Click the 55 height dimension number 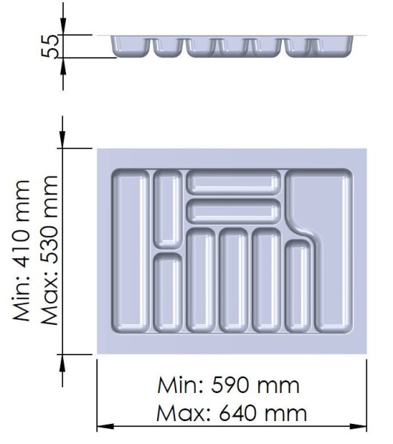50,46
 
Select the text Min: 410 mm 21,251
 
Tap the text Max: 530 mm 50,250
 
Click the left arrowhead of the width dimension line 105,426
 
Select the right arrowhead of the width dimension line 358,426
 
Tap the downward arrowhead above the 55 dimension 63,26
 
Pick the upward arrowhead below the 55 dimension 63,67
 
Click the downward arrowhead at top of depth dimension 63,139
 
